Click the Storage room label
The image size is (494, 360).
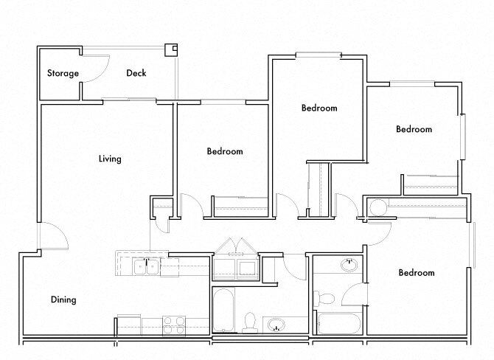tap(63, 73)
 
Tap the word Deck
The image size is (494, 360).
tap(136, 73)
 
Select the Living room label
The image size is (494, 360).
tap(110, 159)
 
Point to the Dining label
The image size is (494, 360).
tap(63, 300)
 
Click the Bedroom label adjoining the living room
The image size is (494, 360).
tap(224, 151)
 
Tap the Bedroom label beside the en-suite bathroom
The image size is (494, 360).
tap(417, 273)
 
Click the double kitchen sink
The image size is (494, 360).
tap(147, 266)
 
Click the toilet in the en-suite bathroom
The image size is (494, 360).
tap(324, 299)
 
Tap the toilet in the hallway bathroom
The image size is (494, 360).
tap(249, 322)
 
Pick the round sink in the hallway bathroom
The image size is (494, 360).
tap(276, 324)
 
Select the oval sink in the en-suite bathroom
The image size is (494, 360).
tap(347, 266)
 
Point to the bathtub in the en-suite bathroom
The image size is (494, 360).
tap(338, 324)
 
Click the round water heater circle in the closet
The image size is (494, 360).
tap(377, 207)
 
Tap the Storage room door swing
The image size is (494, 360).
tap(88, 70)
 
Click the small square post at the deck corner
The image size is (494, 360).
tap(172, 49)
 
